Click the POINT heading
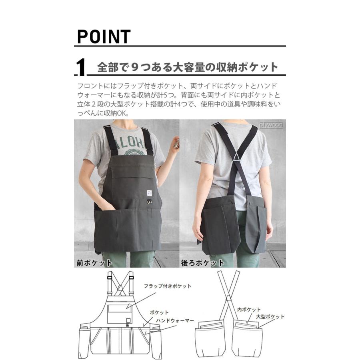coord(104,37)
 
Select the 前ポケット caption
coord(94,263)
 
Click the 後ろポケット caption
coord(202,263)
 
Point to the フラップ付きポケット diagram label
coord(168,286)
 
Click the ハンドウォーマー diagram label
coord(175,321)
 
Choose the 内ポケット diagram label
coord(248,310)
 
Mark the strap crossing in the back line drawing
coord(228,298)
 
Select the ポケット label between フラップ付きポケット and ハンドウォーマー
coord(159,312)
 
